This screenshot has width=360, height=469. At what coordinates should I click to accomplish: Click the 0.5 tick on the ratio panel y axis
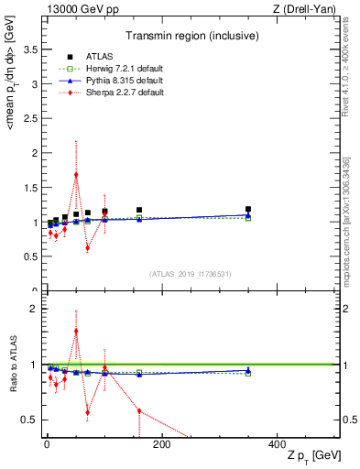pyautogui.click(x=29, y=420)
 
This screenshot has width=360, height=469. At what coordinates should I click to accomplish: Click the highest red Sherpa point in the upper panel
pyautogui.click(x=76, y=174)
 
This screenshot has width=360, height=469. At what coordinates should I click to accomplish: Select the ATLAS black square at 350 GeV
pyautogui.click(x=248, y=209)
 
